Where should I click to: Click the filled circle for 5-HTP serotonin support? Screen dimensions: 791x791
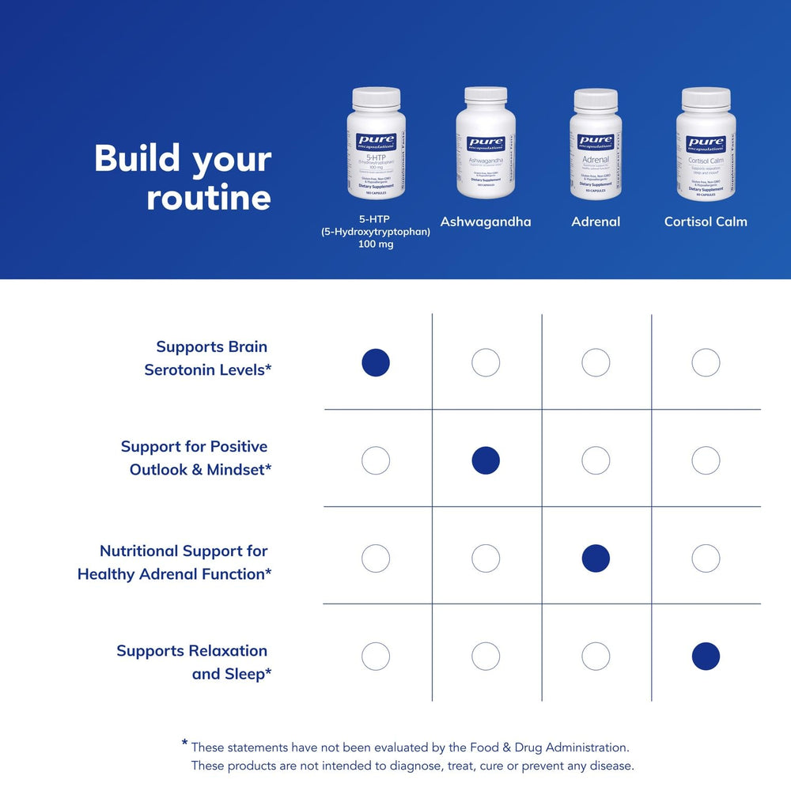pos(376,362)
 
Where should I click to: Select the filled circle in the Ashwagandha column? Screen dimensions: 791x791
pos(486,460)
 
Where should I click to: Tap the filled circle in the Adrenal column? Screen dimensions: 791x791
pos(596,558)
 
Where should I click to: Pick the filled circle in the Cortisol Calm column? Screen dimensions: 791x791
pos(706,656)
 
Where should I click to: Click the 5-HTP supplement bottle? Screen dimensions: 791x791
pos(376,143)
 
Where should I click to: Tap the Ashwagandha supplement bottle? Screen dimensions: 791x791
pos(486,143)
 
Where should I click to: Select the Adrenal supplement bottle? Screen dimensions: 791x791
pos(596,143)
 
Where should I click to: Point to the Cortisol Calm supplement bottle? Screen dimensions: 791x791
pos(706,143)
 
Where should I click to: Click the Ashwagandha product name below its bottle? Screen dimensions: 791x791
pos(486,221)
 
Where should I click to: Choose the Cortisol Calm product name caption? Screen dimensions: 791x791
pos(706,221)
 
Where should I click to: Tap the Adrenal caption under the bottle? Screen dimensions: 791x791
pos(596,221)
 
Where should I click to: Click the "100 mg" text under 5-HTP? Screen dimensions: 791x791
pos(376,244)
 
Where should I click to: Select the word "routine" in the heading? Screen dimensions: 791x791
pos(209,198)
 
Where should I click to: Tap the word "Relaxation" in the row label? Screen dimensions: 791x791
pos(226,651)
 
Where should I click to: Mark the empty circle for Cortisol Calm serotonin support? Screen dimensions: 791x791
pos(706,362)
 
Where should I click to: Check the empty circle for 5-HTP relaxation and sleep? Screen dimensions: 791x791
pos(376,656)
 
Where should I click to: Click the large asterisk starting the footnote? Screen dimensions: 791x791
pos(184,744)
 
